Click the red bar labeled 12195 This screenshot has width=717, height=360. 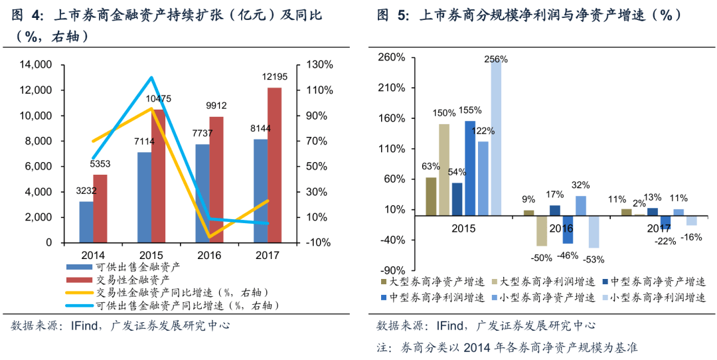[x=274, y=165]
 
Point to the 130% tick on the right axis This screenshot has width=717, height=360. [x=321, y=65]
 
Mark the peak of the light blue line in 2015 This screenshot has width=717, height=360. [x=151, y=78]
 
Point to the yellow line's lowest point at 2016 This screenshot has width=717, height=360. [x=209, y=236]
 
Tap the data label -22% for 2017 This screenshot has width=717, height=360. [x=665, y=241]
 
